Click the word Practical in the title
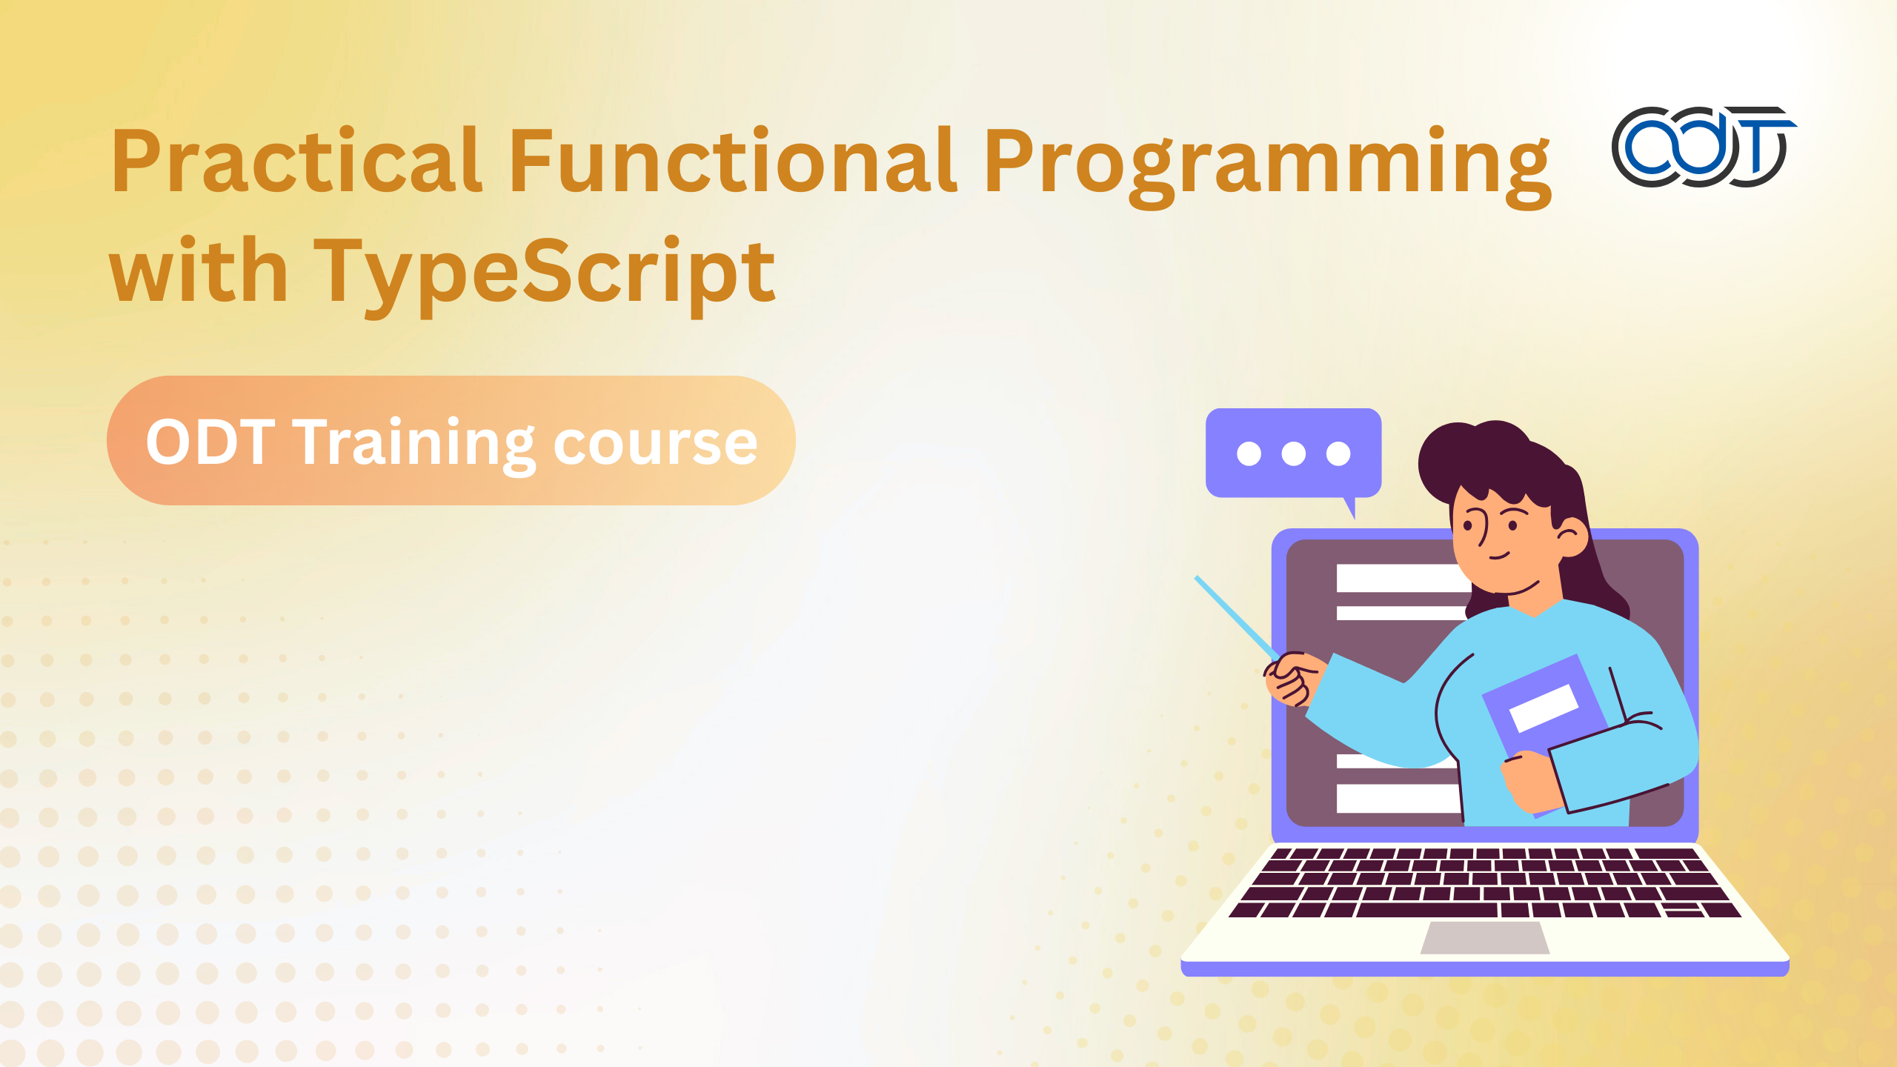[x=296, y=160]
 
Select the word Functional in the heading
[x=732, y=160]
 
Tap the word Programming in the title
[x=1267, y=167]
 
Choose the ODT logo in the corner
[x=1703, y=146]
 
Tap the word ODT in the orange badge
[x=210, y=442]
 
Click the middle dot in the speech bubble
[x=1293, y=453]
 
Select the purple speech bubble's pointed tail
[x=1350, y=508]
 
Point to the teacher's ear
[x=1571, y=536]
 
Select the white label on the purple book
[x=1544, y=708]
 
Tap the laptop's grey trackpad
[x=1485, y=937]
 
